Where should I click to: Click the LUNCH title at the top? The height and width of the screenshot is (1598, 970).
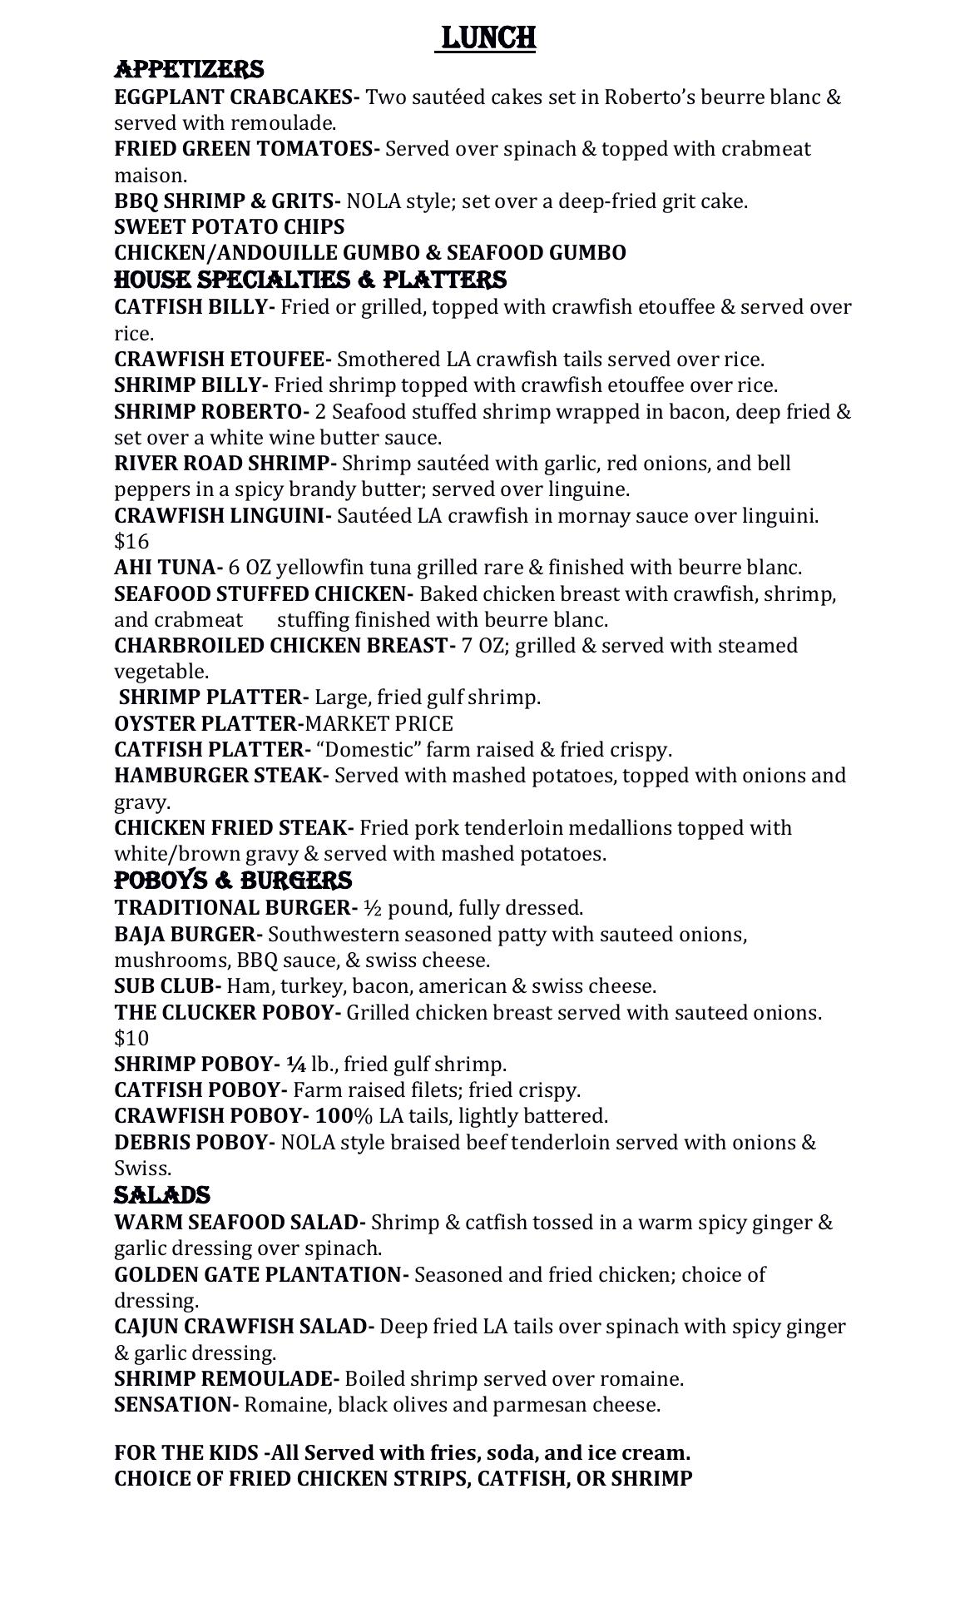coord(486,37)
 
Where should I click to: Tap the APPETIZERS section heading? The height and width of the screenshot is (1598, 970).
coord(189,69)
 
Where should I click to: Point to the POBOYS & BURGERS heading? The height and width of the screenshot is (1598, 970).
coord(233,881)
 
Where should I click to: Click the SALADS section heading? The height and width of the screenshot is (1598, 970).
coord(161,1195)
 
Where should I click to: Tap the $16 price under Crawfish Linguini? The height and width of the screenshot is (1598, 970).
coord(131,542)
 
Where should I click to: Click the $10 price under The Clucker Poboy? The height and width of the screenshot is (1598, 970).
coord(131,1038)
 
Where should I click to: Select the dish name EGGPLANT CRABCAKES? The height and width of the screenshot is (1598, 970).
coord(235,97)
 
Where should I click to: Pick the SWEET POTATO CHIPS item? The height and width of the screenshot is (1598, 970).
coord(229,226)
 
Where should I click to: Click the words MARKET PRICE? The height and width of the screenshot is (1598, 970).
coord(379,723)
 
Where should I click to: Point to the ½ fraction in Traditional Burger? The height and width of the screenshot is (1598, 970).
coord(373,907)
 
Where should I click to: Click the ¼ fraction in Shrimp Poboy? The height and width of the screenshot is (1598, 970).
coord(296,1064)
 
